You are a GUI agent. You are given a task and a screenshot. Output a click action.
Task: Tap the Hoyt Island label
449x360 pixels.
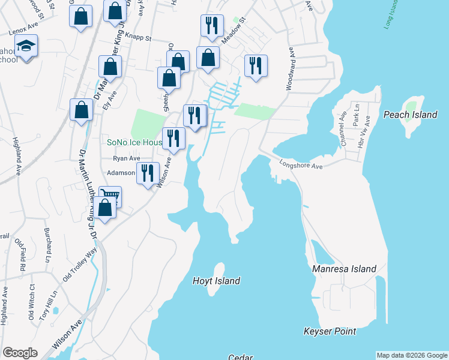pyautogui.click(x=216, y=281)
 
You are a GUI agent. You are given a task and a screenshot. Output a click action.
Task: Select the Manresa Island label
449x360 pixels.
pyautogui.click(x=344, y=269)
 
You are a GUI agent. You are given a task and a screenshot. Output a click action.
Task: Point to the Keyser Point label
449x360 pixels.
pyautogui.click(x=330, y=331)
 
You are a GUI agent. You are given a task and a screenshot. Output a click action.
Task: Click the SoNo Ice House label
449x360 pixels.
pyautogui.click(x=134, y=143)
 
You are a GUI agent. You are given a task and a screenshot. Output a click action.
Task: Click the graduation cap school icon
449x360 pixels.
pyautogui.click(x=26, y=46)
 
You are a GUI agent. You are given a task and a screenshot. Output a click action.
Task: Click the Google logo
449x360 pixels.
pyautogui.click(x=20, y=353)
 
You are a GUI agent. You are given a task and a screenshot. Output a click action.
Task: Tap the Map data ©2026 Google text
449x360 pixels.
pyautogui.click(x=411, y=355)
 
